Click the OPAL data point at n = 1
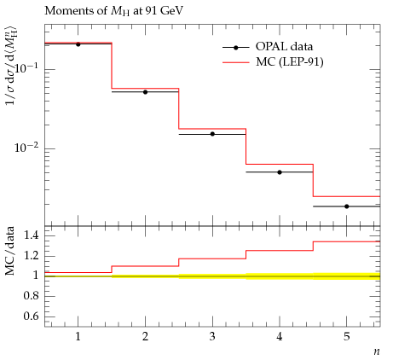78,44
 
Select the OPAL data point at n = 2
145,92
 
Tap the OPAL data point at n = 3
212,134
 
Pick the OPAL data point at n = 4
280,172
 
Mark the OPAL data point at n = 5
347,206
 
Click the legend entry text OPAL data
284,46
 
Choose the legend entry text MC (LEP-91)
290,61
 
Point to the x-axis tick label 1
78,337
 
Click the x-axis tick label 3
212,337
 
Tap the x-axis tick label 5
347,337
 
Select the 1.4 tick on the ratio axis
31,235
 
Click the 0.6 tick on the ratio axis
31,316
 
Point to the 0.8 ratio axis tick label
31,296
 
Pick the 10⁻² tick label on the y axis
26,147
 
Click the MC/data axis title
10,251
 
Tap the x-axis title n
377,351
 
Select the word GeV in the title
171,11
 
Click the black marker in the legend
235,48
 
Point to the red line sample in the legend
235,62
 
